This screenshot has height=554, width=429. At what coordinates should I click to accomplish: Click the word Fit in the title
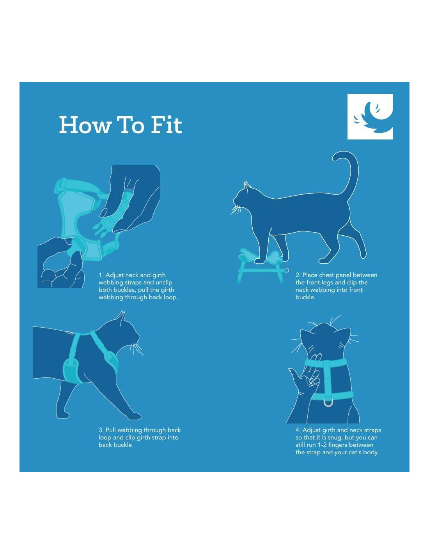(167, 125)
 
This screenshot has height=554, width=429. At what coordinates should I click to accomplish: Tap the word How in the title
(85, 125)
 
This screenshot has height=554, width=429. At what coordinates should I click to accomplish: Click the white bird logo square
(370, 116)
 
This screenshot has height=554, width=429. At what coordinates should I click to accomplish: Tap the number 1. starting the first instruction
(101, 275)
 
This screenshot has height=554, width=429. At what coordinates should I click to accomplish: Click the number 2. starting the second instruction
(298, 275)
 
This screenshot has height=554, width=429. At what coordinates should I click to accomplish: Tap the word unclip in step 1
(163, 282)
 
